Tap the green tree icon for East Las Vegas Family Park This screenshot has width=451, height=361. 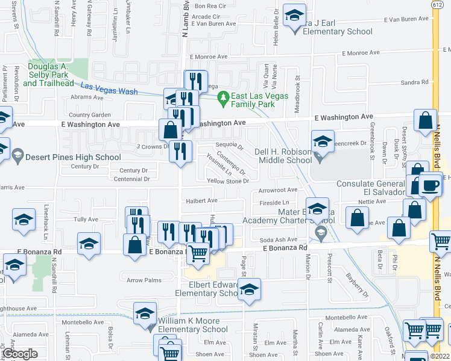(223, 96)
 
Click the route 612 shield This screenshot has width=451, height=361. (435, 4)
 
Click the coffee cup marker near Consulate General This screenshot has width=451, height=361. (430, 186)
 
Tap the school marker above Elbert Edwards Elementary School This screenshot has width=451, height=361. (249, 291)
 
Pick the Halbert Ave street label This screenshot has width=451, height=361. (203, 200)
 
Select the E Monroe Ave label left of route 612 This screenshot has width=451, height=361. (361, 52)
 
